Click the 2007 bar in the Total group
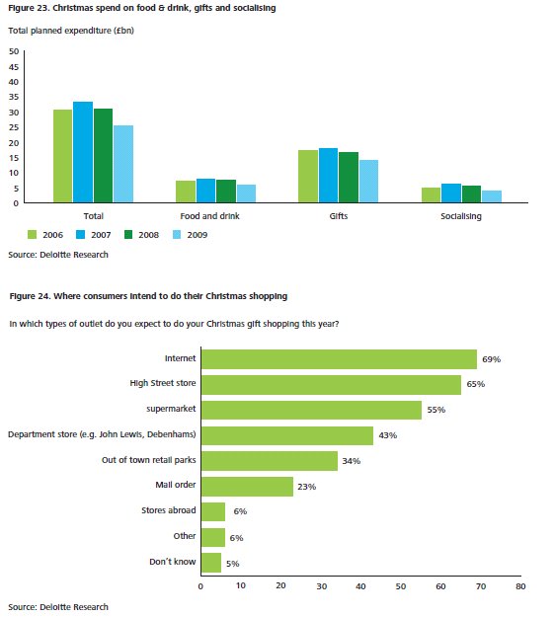click(83, 152)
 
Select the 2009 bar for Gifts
click(368, 182)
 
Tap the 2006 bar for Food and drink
click(186, 192)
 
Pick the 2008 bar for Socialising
click(471, 194)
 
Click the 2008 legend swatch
click(128, 235)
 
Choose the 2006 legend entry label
click(52, 235)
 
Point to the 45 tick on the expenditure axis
click(14, 67)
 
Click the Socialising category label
click(461, 216)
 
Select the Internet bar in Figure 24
click(339, 359)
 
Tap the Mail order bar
click(247, 487)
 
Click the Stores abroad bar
click(213, 511)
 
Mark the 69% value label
click(492, 359)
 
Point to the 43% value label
click(388, 435)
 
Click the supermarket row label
click(171, 409)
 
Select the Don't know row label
click(173, 562)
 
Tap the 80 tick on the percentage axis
click(520, 586)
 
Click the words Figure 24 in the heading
click(30, 296)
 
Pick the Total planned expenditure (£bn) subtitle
click(71, 31)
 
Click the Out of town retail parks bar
click(270, 461)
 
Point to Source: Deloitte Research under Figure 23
click(58, 255)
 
